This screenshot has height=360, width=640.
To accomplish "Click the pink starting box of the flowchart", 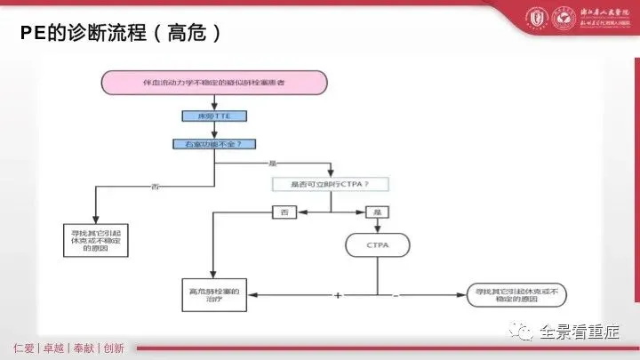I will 212,82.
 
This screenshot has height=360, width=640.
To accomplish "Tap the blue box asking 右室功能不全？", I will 212,143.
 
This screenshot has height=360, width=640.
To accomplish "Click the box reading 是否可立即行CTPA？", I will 331,184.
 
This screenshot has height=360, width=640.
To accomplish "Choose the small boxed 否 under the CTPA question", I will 284,212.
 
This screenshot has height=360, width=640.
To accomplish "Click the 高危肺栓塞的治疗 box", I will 212,292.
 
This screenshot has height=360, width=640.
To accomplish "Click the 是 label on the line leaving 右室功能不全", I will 273,163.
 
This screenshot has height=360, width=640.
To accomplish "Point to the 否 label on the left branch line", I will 156,186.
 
